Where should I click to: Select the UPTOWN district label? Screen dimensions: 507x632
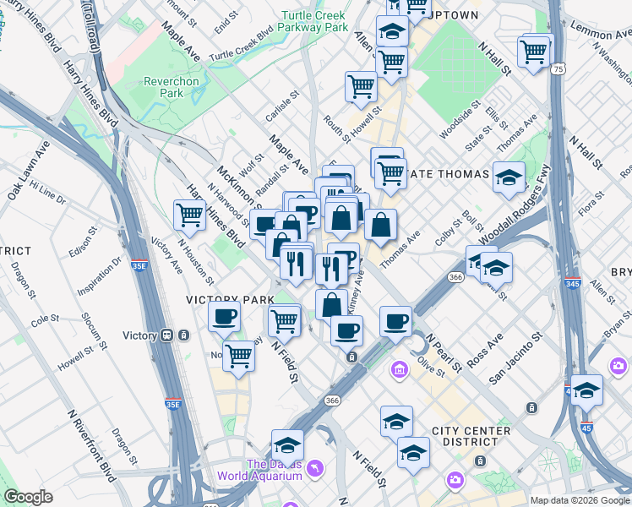click(x=455, y=15)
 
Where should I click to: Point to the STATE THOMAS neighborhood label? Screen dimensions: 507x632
click(x=448, y=174)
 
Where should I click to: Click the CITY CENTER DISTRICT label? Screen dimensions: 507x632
click(x=471, y=436)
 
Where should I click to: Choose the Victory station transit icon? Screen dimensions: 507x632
click(x=168, y=335)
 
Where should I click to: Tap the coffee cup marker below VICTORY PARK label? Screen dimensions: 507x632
click(x=224, y=317)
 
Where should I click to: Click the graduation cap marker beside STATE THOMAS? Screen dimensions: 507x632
click(x=509, y=177)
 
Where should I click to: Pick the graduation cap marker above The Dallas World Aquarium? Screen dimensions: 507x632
click(x=287, y=444)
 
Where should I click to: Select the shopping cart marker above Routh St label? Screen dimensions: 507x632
click(x=361, y=86)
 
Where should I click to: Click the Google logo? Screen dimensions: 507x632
click(x=28, y=497)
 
